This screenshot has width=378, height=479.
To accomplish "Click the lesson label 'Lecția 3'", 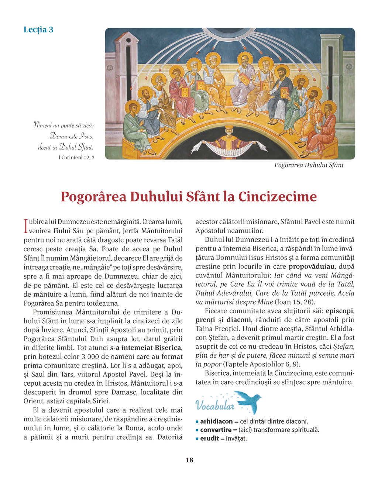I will pyautogui.click(x=38, y=30).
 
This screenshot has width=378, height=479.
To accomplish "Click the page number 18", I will pyautogui.click(x=189, y=460).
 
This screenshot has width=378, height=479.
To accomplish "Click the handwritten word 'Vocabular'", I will pyautogui.click(x=215, y=406).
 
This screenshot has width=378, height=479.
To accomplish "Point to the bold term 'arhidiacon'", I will pyautogui.click(x=216, y=421).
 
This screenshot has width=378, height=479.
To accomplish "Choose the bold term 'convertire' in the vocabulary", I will pyautogui.click(x=216, y=430).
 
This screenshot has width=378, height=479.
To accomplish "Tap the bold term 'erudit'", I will pyautogui.click(x=209, y=438).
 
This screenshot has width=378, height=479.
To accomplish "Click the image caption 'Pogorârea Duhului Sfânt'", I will pyautogui.click(x=309, y=165).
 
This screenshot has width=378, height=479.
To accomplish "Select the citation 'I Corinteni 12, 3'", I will pyautogui.click(x=76, y=158).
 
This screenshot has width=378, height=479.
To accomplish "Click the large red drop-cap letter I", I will pyautogui.click(x=25, y=226).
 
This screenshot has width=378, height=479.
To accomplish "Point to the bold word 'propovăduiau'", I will pyautogui.click(x=312, y=266).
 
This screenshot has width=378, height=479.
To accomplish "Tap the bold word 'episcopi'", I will pyautogui.click(x=340, y=311).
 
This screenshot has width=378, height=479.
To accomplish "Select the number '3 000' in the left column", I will pyautogui.click(x=88, y=356).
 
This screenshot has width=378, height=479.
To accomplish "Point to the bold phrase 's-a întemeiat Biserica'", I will pyautogui.click(x=146, y=348).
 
